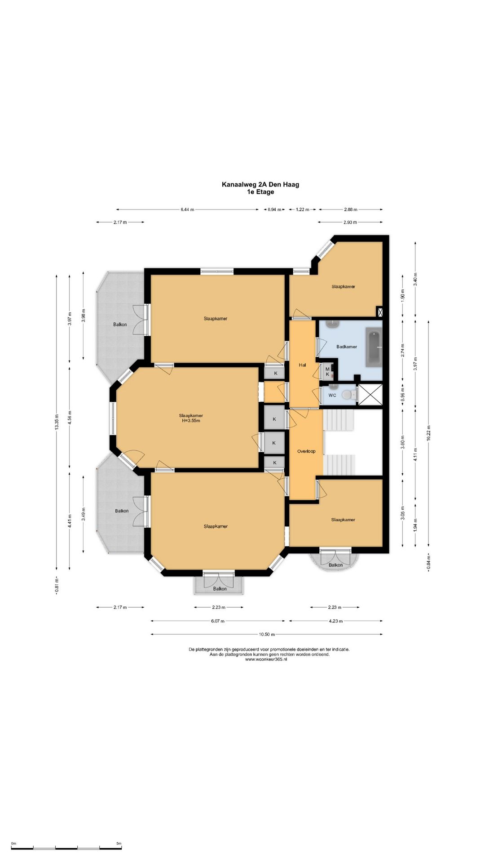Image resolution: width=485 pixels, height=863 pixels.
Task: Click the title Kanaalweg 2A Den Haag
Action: click(x=260, y=184)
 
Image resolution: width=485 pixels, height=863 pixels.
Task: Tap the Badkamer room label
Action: click(x=347, y=347)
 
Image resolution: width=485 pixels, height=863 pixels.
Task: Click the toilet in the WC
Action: click(x=348, y=395)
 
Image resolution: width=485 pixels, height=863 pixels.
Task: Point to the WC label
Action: click(x=332, y=396)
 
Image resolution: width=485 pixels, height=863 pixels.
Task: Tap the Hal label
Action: click(x=302, y=365)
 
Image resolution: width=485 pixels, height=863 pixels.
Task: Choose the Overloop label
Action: click(x=306, y=451)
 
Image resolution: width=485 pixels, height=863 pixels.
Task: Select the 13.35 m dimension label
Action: click(x=57, y=423)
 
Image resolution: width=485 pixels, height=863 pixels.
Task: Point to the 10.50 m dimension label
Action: click(x=267, y=635)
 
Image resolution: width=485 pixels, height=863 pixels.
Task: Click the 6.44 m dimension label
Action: click(x=187, y=209)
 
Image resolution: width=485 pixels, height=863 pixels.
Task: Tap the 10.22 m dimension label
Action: click(x=429, y=434)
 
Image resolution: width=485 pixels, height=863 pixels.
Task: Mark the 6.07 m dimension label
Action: click(x=217, y=621)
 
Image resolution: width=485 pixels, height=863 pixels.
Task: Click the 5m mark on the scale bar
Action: click(x=119, y=844)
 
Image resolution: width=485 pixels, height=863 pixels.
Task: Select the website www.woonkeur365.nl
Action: click(x=266, y=659)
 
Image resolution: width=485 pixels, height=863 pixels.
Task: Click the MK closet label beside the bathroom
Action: click(x=327, y=372)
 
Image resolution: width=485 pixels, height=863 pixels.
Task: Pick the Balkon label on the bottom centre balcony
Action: click(x=220, y=589)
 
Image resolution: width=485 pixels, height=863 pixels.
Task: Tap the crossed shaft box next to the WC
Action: click(x=370, y=395)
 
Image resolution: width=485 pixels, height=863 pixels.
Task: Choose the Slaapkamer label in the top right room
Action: click(x=344, y=287)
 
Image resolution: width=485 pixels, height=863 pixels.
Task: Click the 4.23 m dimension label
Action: click(x=336, y=621)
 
